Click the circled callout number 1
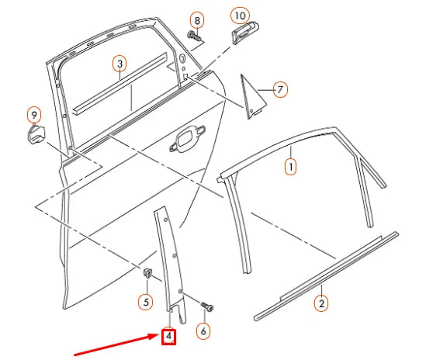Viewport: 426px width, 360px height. [291, 165]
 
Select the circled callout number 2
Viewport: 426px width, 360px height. [320, 303]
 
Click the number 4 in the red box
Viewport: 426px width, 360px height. [168, 337]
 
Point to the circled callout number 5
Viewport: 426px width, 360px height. [145, 300]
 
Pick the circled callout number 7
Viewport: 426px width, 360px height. [280, 89]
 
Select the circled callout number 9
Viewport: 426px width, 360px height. [33, 116]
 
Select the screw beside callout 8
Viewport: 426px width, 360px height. [195, 36]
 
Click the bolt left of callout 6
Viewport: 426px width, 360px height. [205, 305]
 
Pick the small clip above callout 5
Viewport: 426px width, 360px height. [146, 272]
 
